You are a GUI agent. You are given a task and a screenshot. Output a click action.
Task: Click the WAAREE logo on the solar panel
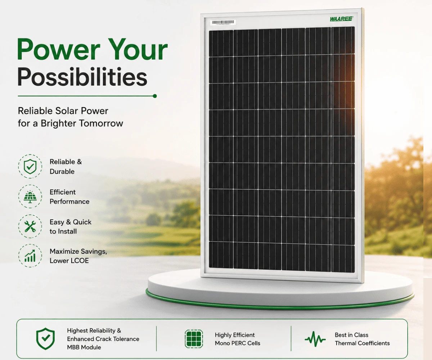pos(342,19)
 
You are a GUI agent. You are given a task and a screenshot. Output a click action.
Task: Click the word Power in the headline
pos(58,50)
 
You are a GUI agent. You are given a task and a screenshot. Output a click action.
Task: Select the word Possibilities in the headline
pos(82,77)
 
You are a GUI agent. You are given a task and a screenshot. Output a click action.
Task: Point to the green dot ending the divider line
pos(155,96)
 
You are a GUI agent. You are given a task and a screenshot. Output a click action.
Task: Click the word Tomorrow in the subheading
pos(101,123)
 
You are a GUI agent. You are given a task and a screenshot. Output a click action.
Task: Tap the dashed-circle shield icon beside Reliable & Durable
pos(30,166)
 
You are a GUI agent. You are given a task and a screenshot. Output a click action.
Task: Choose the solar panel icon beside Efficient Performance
pos(30,196)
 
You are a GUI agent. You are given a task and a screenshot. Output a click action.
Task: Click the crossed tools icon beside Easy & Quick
pos(30,226)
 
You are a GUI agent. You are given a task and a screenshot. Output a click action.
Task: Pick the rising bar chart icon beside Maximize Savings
pos(30,256)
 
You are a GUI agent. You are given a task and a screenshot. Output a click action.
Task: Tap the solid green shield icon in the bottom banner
pos(45,339)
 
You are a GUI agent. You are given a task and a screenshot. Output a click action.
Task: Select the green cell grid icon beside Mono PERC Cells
pos(194,339)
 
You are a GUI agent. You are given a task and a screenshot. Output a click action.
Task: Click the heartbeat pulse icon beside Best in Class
pos(315,339)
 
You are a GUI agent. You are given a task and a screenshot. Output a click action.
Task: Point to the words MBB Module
pos(84,347)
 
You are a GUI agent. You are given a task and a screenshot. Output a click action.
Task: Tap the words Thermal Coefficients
pos(362,343)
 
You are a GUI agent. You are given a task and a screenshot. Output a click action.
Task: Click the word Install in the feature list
pos(66,231)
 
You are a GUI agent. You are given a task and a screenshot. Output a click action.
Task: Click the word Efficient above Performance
pos(63,192)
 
